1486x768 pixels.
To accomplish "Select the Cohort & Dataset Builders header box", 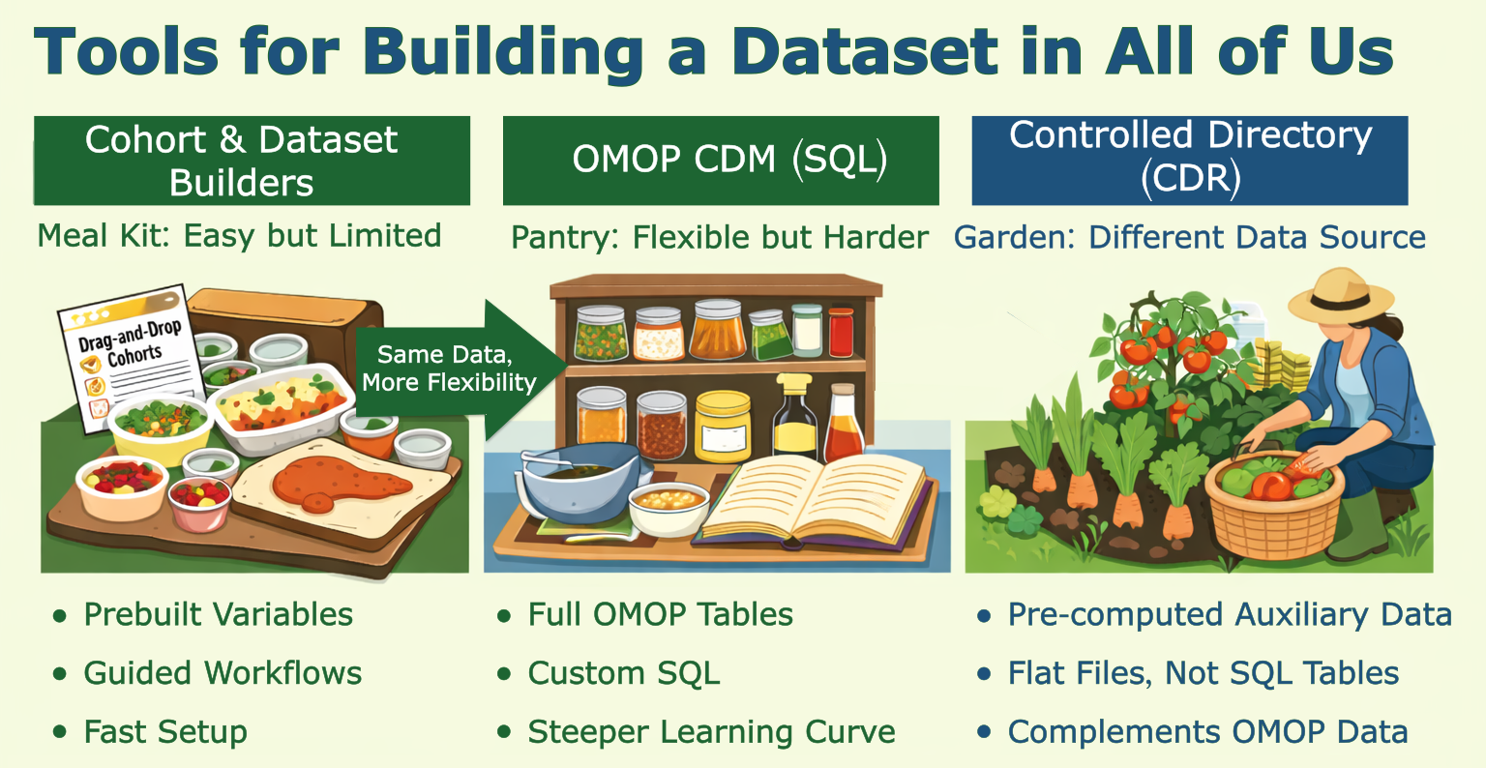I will click(x=252, y=161).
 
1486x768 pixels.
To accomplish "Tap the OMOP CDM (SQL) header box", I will click(x=721, y=161).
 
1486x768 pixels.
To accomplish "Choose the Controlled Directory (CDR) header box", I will click(x=1189, y=161).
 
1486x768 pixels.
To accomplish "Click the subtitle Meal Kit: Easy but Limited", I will click(x=239, y=236).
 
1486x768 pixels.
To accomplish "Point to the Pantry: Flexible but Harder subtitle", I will click(x=719, y=238).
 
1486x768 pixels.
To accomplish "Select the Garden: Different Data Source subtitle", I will click(x=1189, y=238).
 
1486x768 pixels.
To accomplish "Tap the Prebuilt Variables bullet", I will click(x=218, y=615).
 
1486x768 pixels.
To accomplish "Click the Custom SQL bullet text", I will click(x=623, y=674).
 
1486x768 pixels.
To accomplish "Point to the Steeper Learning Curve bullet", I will click(x=711, y=732).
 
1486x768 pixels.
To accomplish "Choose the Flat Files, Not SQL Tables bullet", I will click(x=1203, y=674).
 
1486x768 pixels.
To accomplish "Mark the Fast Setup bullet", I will click(x=164, y=732).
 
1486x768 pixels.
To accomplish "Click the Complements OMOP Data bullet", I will click(x=1206, y=732).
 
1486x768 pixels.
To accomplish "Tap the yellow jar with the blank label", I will click(x=723, y=426).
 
